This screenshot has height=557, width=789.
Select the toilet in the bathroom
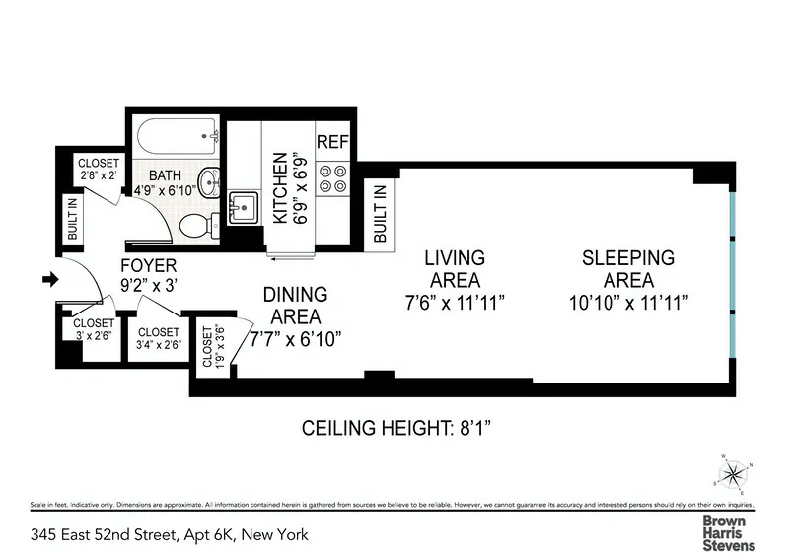[198, 226]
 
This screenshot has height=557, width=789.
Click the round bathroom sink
[209, 181]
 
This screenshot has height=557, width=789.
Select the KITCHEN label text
[279, 188]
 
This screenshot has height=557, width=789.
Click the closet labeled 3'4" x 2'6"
[158, 338]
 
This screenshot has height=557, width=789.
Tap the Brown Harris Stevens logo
[728, 533]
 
